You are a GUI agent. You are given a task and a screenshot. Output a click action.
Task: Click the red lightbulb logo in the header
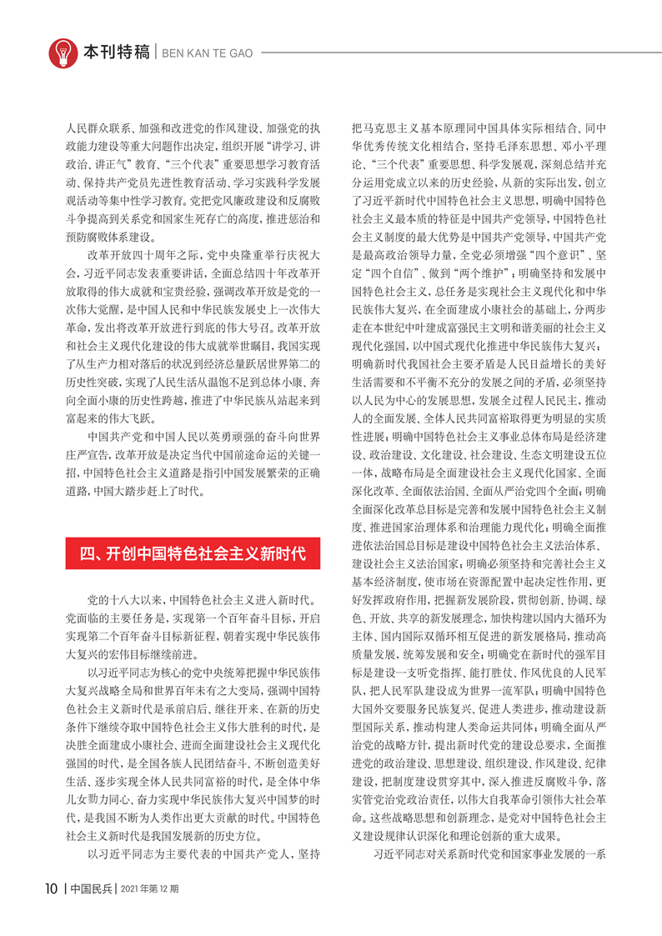pos(61,53)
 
